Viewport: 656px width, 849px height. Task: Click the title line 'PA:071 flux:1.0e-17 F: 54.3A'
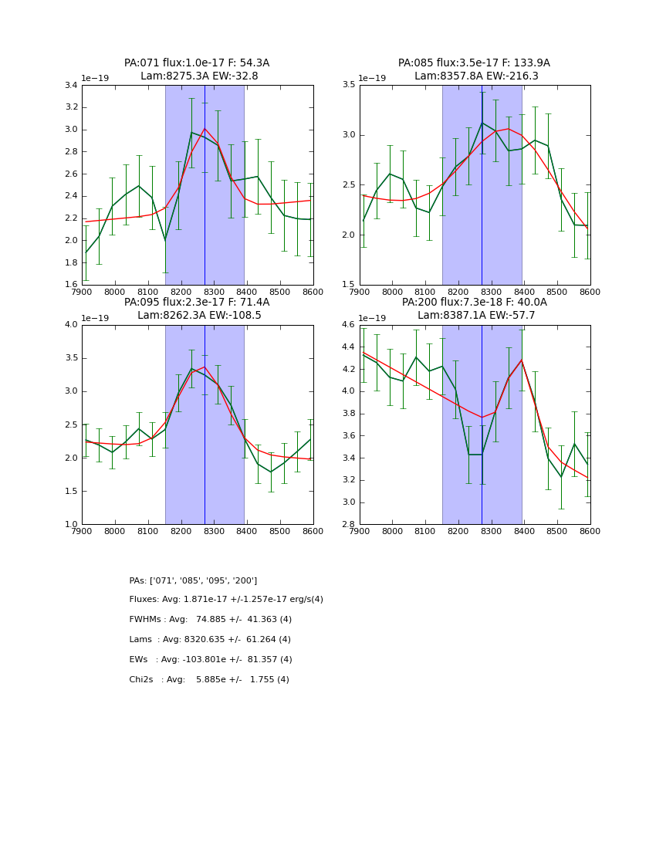click(197, 63)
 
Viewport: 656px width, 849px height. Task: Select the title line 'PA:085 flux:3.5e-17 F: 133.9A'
click(474, 63)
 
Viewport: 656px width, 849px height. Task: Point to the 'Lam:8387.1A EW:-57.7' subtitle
click(474, 316)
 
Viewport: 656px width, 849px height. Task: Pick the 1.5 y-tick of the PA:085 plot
click(348, 285)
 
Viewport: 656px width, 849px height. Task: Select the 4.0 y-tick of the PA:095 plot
click(71, 325)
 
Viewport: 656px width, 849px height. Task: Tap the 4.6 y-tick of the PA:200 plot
click(348, 325)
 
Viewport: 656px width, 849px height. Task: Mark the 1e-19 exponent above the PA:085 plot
click(374, 78)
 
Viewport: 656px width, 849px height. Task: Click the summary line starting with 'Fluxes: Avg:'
click(226, 600)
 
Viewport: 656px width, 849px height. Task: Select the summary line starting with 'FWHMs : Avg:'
click(211, 620)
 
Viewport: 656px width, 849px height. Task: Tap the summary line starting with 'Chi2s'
click(209, 680)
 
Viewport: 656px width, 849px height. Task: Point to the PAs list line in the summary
click(193, 580)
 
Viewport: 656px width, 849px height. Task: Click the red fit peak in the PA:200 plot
click(522, 360)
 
